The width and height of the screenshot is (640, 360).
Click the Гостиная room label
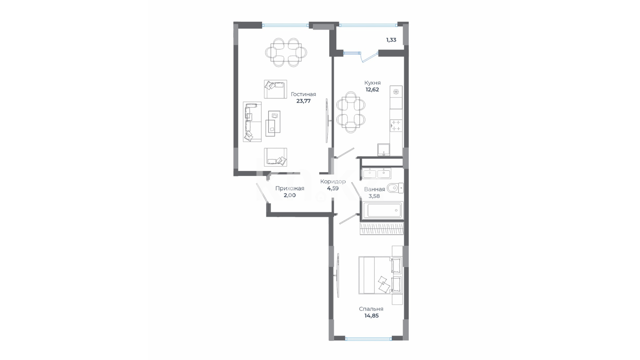pos(303,94)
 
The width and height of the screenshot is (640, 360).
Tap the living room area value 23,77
pos(303,101)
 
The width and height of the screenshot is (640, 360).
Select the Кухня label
pos(373,83)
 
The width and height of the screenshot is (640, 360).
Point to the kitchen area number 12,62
pos(372,90)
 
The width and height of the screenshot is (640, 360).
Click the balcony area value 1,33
pos(391,40)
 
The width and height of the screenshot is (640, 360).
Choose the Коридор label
pos(333,182)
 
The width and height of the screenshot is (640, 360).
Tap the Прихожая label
pos(289,189)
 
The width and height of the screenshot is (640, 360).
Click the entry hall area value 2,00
pos(289,195)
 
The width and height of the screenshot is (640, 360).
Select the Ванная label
pos(375,189)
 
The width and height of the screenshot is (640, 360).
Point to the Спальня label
pos(371,309)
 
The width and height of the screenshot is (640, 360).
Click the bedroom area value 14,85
pos(372,316)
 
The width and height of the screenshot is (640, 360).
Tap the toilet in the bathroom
pos(395,188)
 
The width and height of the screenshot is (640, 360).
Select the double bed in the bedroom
pos(380,275)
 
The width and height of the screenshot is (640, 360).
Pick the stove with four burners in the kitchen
pos(396,126)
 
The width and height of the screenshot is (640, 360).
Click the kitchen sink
pos(384,150)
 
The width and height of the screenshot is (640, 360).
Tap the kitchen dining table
pos(351,112)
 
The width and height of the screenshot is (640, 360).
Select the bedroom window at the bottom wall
pos(369,339)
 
